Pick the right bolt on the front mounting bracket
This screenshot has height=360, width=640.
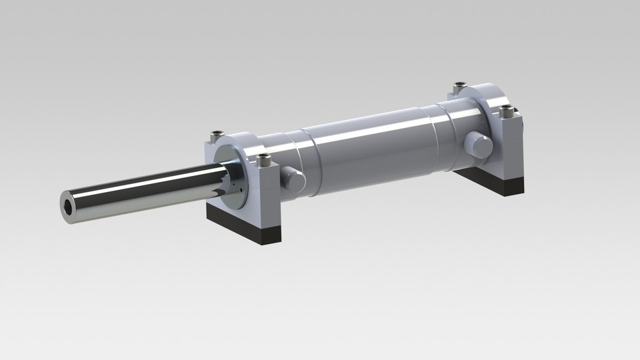[x=265, y=160]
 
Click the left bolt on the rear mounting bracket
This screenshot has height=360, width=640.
[x=459, y=87]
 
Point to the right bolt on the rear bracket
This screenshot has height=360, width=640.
[x=507, y=109]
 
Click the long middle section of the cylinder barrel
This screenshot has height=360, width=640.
[x=373, y=147]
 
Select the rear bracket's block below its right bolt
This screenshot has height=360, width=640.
[x=510, y=147]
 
